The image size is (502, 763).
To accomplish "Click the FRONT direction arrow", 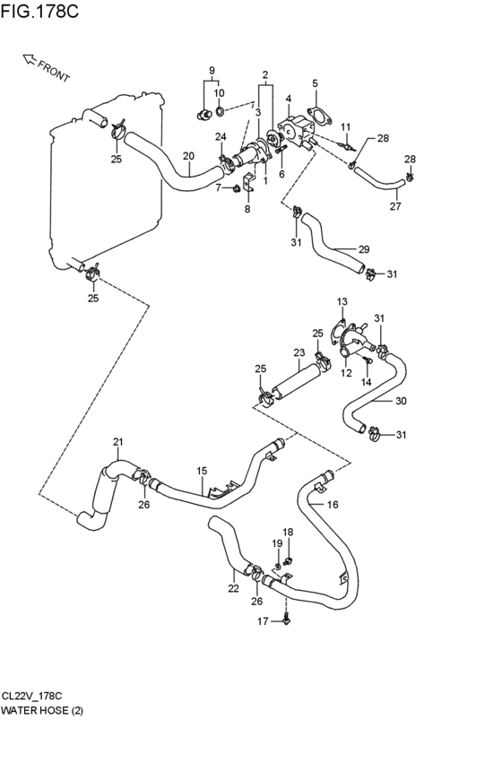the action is (x=30, y=59).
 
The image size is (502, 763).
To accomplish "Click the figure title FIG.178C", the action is (x=39, y=11).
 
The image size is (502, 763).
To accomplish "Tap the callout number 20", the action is (x=189, y=156).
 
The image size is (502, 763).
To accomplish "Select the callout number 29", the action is (x=364, y=249).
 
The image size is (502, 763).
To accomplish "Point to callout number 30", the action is (x=401, y=401).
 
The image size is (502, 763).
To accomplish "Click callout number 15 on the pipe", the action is (x=202, y=471).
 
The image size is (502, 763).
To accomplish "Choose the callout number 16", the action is (x=333, y=505).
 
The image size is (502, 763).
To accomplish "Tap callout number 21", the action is (x=118, y=442).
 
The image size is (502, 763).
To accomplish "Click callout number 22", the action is (x=233, y=588).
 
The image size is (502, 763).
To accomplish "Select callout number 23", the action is (x=299, y=351).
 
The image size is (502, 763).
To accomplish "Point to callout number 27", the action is (x=395, y=206).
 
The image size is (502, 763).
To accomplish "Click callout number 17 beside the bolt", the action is (x=263, y=621).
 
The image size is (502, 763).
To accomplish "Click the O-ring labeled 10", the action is (x=220, y=112).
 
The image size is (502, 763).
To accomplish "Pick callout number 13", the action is (x=342, y=301).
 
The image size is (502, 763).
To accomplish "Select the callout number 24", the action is (x=221, y=137).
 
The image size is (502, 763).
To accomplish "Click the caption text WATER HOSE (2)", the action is (x=42, y=710).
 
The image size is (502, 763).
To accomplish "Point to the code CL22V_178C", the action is (x=31, y=696).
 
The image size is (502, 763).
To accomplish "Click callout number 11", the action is (x=346, y=127).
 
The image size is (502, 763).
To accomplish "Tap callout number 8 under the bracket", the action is (x=247, y=209).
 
